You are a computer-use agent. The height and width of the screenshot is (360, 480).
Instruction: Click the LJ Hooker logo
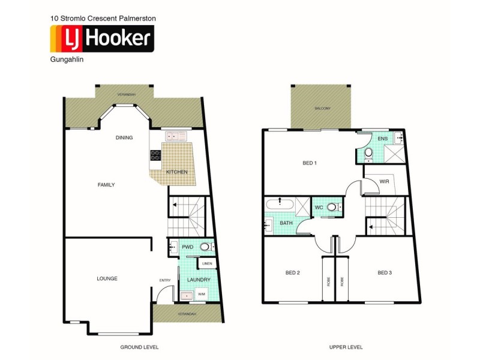tap(101, 39)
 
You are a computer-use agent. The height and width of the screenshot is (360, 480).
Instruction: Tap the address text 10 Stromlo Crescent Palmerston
tap(103, 19)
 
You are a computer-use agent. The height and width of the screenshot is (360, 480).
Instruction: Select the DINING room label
tap(124, 138)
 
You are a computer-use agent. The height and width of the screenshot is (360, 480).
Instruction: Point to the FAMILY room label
tap(106, 185)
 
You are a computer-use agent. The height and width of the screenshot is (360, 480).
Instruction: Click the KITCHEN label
tap(177, 172)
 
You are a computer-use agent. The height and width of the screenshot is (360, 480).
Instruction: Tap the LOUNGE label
tap(107, 278)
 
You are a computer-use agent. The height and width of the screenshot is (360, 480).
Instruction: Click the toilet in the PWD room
tap(205, 247)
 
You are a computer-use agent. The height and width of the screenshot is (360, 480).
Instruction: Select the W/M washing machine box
tap(201, 294)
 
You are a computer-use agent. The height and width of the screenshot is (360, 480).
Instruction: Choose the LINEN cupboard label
tap(207, 263)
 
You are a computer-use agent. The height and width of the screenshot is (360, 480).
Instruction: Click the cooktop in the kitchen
tap(155, 155)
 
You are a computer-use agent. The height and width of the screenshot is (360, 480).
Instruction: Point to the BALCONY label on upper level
tap(322, 109)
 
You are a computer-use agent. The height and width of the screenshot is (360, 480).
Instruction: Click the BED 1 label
tap(309, 163)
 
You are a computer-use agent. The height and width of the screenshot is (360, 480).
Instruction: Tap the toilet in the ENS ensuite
tap(369, 155)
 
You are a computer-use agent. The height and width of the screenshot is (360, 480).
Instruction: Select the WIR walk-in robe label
tap(384, 181)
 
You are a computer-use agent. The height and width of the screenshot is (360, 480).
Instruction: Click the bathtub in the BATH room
tap(280, 204)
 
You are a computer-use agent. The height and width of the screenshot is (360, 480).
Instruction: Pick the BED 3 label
tap(385, 273)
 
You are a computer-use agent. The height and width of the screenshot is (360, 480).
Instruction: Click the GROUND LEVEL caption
tap(139, 347)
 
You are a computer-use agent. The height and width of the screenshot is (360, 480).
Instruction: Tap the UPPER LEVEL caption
tap(346, 347)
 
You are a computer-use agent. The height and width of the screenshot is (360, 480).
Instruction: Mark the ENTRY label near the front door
tap(165, 280)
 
